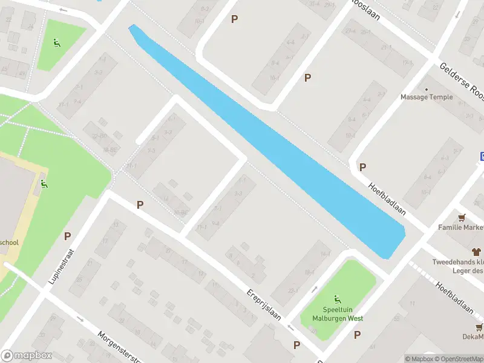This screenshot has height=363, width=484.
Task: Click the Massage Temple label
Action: click(427, 97)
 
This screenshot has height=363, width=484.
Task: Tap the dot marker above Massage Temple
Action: click(427, 89)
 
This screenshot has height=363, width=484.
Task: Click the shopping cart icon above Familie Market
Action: click(462, 218)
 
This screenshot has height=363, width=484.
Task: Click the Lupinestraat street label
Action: click(62, 267)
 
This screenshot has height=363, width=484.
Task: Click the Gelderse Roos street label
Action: click(462, 83)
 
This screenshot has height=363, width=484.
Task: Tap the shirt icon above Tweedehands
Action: click(476, 251)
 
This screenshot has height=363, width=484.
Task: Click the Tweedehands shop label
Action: click(458, 262)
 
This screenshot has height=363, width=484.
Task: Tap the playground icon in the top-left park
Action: click(56, 43)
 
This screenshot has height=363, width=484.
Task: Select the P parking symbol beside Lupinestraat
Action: click(67, 237)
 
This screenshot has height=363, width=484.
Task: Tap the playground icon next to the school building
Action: click(44, 184)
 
